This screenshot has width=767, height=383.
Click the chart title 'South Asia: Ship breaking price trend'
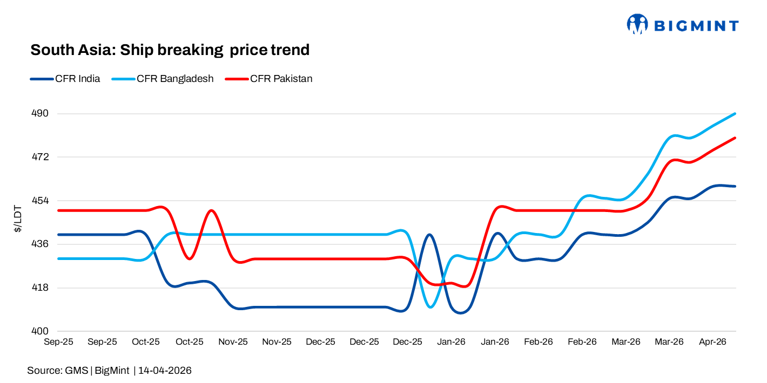coord(170,50)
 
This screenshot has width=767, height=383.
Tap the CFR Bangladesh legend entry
coord(163,79)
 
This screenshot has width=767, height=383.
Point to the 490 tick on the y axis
coord(41,114)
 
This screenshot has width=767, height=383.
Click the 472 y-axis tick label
coord(41,157)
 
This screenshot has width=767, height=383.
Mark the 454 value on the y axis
coord(41,201)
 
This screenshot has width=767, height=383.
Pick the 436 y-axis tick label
coord(41,244)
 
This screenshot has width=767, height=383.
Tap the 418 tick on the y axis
coord(41,288)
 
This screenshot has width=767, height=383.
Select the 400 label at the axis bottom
coord(41,331)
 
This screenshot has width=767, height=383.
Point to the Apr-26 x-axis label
coord(713,342)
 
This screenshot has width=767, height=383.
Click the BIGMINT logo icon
coord(637,24)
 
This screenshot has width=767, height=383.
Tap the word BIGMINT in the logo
coord(696,25)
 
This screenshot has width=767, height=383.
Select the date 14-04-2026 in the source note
coord(165,371)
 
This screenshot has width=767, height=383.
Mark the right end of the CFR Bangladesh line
coord(735,114)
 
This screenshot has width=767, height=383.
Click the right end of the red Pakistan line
coord(735,138)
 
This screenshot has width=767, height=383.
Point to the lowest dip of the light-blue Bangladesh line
coord(430,307)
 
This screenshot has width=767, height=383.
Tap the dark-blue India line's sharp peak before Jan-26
coord(429,235)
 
